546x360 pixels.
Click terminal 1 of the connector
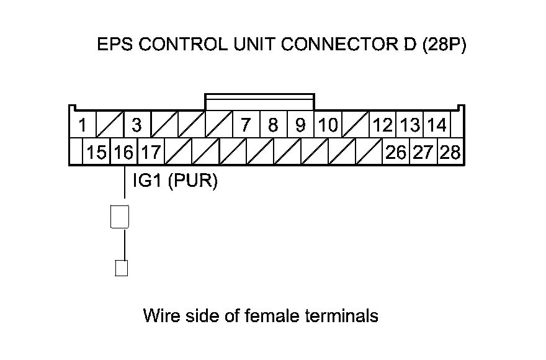pos(83,125)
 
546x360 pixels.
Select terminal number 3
pos(137,125)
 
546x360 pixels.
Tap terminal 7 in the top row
pos(246,125)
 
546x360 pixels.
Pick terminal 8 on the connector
pos(274,125)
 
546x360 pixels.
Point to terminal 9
pos(300,125)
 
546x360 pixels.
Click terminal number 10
pos(328,125)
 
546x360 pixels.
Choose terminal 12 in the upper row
pos(383,125)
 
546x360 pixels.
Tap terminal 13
pos(410,125)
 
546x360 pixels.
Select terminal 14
pos(437,125)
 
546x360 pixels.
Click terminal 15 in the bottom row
pos(96,152)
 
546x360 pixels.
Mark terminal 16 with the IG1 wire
pos(124,152)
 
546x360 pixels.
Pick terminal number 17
pos(151,152)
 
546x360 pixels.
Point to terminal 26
pos(396,152)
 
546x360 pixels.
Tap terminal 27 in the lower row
pos(423,152)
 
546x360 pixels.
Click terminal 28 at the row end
pos(450,152)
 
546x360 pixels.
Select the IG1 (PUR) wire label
pos(175,181)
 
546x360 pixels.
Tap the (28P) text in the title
pos(444,45)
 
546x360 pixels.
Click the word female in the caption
pos(272,315)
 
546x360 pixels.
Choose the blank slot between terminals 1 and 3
pos(110,125)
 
